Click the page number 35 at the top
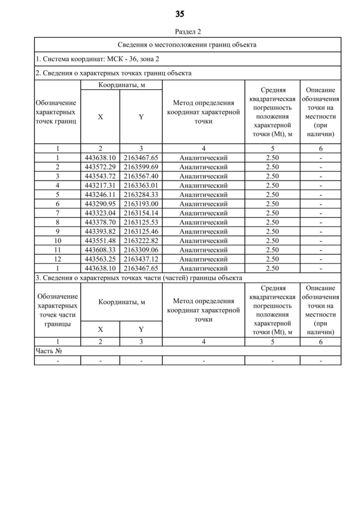click(180, 14)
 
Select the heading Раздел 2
click(180, 31)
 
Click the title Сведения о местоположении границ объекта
click(187, 44)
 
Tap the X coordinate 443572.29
click(100, 167)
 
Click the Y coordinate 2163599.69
click(141, 167)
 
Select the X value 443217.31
click(100, 185)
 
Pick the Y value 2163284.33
click(141, 194)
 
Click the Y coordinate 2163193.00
click(141, 204)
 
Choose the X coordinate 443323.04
click(100, 213)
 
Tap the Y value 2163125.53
click(141, 222)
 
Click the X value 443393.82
click(100, 231)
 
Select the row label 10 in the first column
click(57, 240)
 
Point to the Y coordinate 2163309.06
click(141, 249)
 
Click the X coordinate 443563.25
click(100, 258)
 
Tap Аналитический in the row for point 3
click(203, 176)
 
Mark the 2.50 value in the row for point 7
click(272, 213)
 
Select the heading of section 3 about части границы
click(138, 277)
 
